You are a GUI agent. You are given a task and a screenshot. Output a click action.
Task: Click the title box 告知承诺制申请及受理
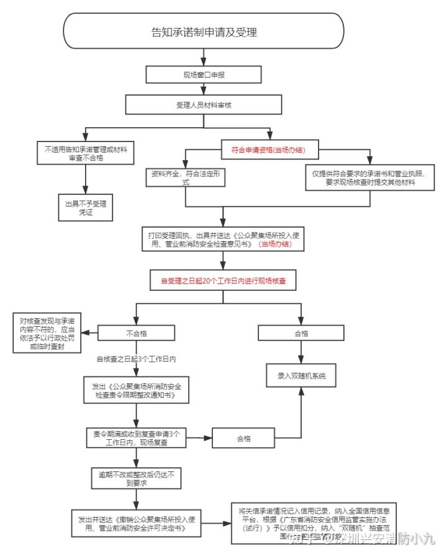pyautogui.click(x=204, y=32)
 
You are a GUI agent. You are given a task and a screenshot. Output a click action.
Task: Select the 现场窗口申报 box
pyautogui.click(x=204, y=74)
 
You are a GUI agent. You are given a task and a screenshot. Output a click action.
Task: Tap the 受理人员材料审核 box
pyautogui.click(x=204, y=104)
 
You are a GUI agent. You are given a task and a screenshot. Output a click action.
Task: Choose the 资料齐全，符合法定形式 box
pyautogui.click(x=184, y=179)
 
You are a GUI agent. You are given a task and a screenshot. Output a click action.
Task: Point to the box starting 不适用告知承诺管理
pyautogui.click(x=86, y=153)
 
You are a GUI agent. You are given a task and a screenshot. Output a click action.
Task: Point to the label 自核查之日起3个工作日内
pyautogui.click(x=137, y=359)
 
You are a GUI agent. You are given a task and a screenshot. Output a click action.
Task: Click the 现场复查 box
pyautogui.click(x=135, y=439)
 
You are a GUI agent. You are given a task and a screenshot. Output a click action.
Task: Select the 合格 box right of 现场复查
pyautogui.click(x=243, y=439)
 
